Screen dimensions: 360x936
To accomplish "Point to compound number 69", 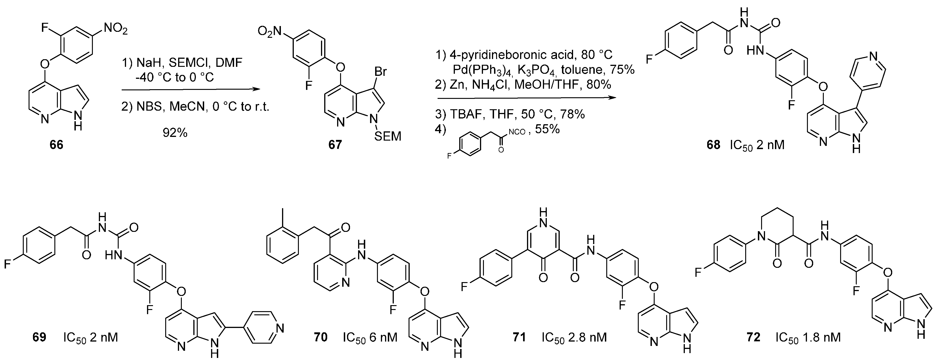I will [x=39, y=337].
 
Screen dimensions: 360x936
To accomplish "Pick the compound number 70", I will [x=321, y=337].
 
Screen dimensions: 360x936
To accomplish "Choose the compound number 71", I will [x=519, y=337].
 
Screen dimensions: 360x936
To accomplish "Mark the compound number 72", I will [x=753, y=337].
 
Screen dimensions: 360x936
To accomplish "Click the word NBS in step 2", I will [x=149, y=108].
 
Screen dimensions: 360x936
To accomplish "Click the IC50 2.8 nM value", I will [x=574, y=337].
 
